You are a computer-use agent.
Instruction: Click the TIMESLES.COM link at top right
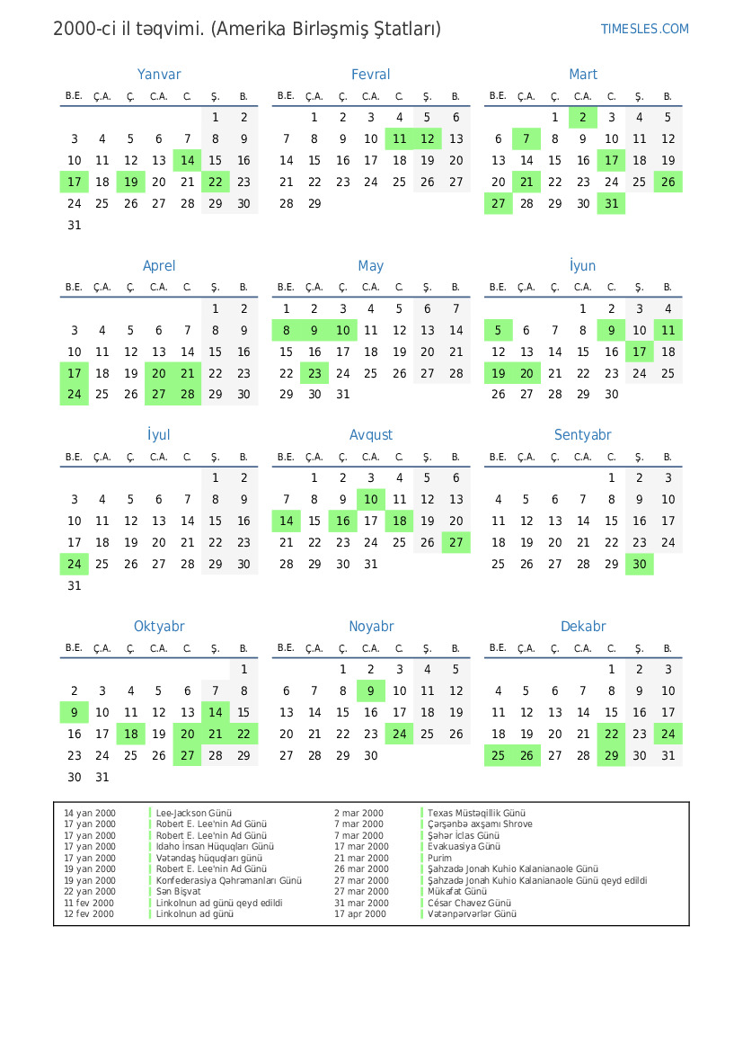tap(644, 29)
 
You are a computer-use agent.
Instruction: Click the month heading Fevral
tap(370, 75)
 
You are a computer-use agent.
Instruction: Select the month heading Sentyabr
tap(582, 435)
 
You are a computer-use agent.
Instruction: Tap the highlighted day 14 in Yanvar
tap(187, 161)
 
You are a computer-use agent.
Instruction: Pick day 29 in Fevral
tap(314, 204)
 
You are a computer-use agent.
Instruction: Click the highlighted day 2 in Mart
tap(582, 118)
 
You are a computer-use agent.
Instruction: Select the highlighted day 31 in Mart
tap(611, 204)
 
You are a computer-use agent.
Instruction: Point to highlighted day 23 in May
tap(314, 374)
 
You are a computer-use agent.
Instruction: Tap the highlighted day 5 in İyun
tap(499, 331)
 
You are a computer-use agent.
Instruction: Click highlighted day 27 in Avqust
tap(456, 543)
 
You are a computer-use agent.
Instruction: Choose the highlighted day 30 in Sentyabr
tap(639, 565)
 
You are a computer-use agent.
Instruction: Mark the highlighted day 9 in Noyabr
tap(370, 691)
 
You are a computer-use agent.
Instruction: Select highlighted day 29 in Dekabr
tap(611, 756)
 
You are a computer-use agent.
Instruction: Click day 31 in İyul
tap(75, 586)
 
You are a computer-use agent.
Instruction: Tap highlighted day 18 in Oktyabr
tap(131, 735)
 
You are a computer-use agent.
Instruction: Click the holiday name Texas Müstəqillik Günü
tap(476, 814)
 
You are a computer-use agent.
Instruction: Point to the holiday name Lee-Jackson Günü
tap(193, 814)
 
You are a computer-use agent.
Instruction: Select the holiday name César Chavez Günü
tap(469, 904)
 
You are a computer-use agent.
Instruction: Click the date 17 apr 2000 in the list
tap(360, 914)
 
